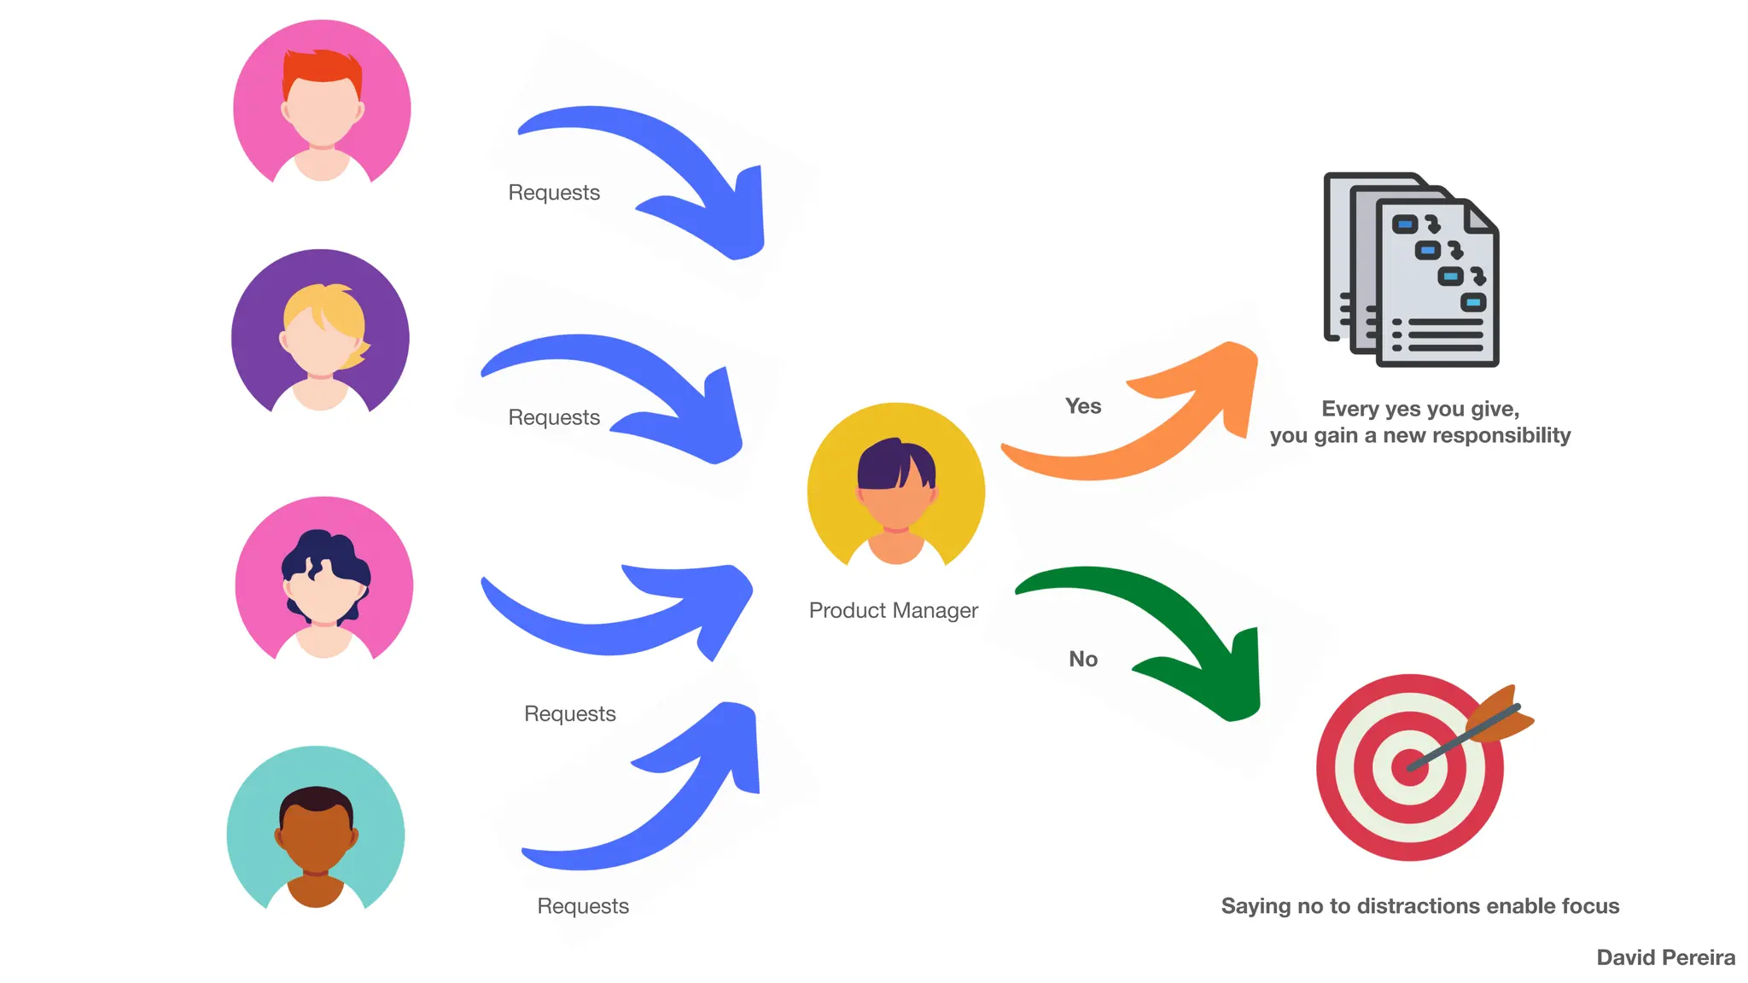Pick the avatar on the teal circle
point(316,832)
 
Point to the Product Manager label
point(893,610)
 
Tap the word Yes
point(1083,406)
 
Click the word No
point(1083,659)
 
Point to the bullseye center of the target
point(1410,766)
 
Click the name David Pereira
point(1665,957)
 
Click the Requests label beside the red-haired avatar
point(554,193)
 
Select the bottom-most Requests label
point(583,906)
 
